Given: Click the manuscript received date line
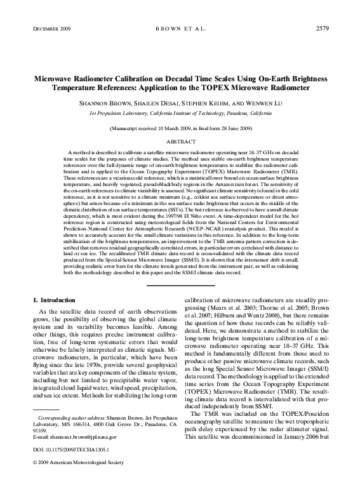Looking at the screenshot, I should [180, 129].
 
